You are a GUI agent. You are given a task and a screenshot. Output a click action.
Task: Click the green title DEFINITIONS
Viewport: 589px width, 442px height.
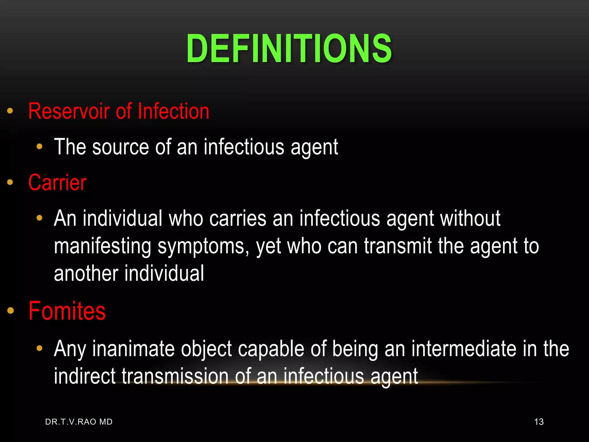click(x=289, y=48)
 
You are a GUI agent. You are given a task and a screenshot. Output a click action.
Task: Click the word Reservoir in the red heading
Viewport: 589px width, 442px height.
click(x=69, y=111)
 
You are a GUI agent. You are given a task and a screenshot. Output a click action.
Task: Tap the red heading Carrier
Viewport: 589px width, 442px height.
click(x=57, y=182)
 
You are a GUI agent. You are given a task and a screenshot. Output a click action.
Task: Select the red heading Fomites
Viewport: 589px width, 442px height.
click(x=67, y=311)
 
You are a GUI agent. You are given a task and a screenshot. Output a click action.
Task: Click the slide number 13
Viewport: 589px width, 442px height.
click(x=539, y=422)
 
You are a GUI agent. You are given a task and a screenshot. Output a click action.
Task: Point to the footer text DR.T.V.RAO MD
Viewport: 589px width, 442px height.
click(x=79, y=422)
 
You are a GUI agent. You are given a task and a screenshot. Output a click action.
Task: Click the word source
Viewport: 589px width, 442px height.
click(x=121, y=147)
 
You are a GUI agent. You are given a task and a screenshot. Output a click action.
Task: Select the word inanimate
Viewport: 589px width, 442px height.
click(x=133, y=349)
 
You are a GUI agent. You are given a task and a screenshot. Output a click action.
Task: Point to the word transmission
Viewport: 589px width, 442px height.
click(x=175, y=376)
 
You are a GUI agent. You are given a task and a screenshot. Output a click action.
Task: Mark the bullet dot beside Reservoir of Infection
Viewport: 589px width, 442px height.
click(x=10, y=111)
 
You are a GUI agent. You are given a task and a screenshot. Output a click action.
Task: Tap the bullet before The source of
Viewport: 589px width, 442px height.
click(x=39, y=147)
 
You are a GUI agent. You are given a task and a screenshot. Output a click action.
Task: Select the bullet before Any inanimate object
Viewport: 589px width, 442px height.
click(x=39, y=349)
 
